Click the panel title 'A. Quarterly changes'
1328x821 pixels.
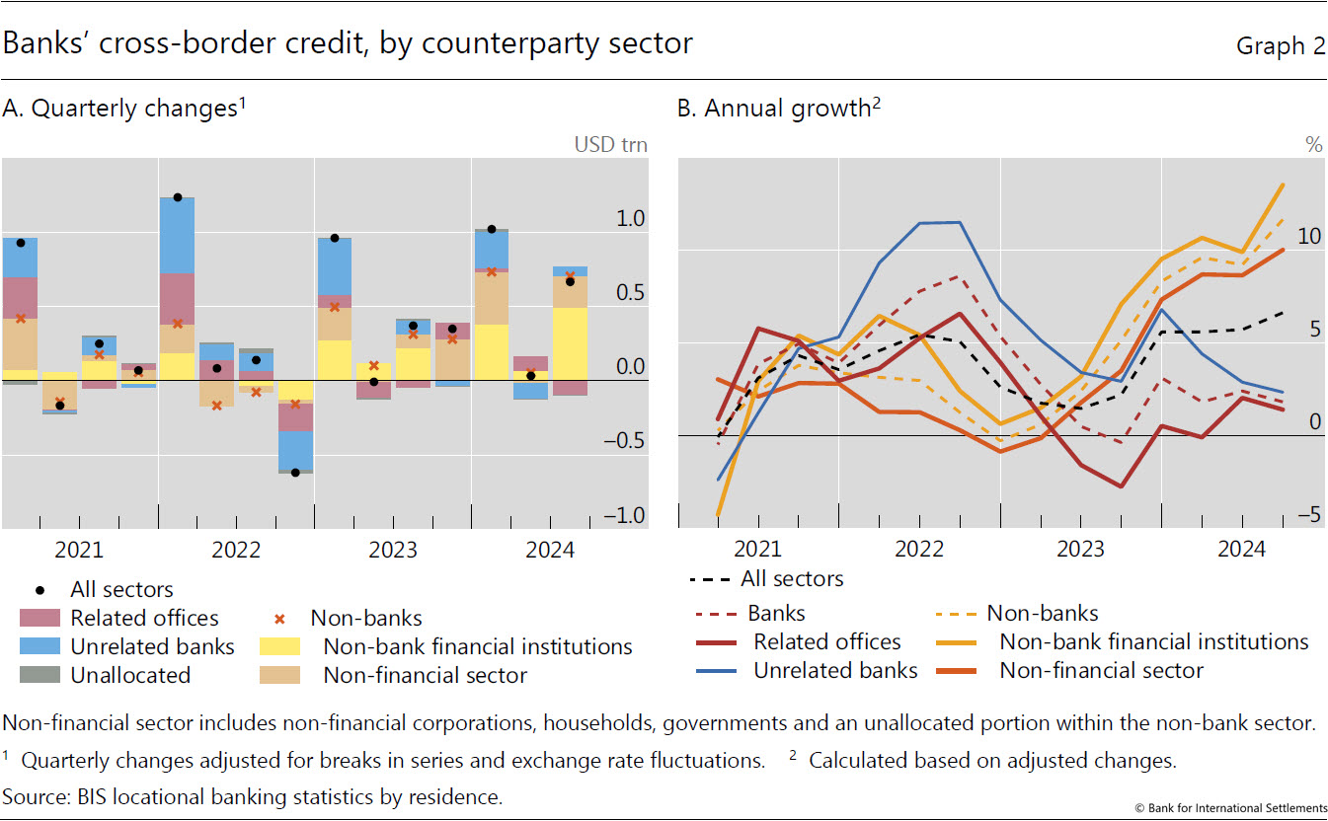tap(122, 108)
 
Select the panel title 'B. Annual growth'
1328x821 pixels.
tap(777, 108)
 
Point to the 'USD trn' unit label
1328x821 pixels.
tap(610, 144)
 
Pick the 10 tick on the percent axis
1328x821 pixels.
tap(1309, 237)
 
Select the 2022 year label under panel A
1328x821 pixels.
tap(237, 550)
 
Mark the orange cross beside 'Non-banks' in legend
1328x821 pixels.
tap(279, 619)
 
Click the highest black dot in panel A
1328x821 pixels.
tap(178, 197)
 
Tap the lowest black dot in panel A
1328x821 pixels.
tap(295, 473)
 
